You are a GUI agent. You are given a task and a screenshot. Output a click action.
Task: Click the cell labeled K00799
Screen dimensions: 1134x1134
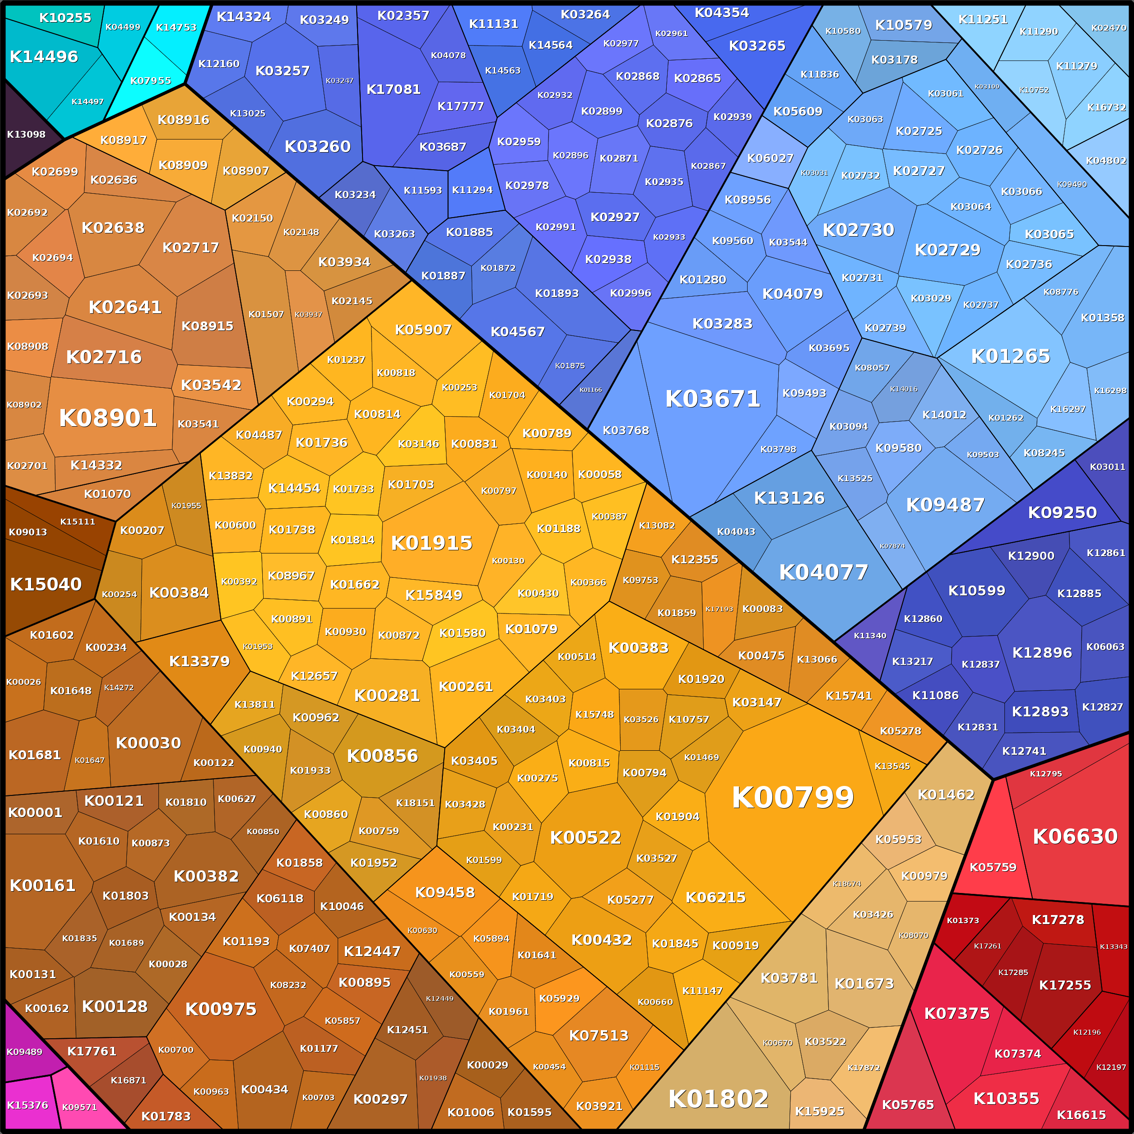point(792,797)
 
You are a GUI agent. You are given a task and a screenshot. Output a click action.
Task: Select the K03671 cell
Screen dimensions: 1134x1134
point(712,399)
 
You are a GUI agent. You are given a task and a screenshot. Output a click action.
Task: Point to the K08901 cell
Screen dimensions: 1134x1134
point(108,418)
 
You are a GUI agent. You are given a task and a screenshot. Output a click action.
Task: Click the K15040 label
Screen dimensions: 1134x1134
point(46,584)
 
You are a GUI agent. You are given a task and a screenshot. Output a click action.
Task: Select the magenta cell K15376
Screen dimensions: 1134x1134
point(27,1105)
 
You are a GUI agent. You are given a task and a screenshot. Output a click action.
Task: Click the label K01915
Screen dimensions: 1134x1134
point(432,543)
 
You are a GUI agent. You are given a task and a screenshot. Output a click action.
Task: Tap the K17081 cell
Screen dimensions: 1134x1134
point(393,89)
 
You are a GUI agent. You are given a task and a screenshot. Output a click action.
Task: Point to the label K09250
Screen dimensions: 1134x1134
point(1062,512)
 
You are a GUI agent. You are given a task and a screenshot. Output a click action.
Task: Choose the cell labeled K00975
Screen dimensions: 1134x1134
point(221,1009)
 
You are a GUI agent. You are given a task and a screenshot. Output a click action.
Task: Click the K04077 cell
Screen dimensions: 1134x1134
point(823,572)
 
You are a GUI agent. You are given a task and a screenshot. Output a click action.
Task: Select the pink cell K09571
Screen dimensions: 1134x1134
point(79,1107)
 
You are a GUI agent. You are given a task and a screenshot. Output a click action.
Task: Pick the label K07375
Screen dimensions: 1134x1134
point(956,1013)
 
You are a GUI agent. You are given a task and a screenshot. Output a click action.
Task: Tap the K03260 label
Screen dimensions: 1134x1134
point(317,146)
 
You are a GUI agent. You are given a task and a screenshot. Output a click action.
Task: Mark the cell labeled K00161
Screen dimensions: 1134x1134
point(42,885)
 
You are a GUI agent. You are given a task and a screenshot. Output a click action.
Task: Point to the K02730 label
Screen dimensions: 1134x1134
point(858,229)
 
